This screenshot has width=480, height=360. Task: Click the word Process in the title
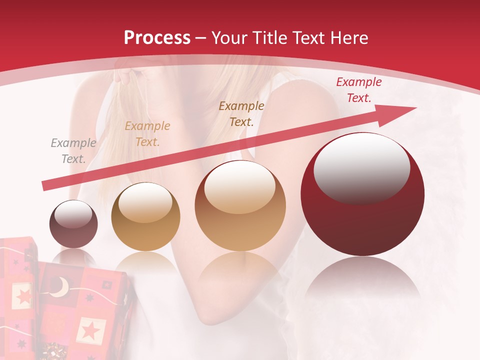157,38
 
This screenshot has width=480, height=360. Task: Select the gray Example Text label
73,151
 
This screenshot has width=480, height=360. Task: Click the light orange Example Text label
147,134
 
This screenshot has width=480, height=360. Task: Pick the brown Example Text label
241,113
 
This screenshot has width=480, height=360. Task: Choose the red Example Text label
358,90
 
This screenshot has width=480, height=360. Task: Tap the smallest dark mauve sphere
73,224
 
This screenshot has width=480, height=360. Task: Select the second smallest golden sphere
145,216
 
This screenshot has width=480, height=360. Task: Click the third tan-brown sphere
240,205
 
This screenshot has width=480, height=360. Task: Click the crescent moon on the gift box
61,287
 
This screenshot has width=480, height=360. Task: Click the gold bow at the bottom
52,351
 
